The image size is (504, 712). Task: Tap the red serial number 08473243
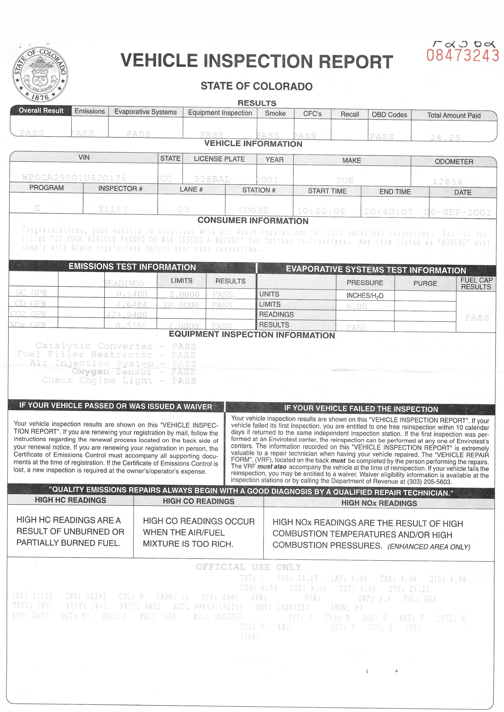pos(462,55)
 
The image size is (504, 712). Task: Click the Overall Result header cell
pos(41,111)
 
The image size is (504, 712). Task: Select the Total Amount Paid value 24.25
pos(445,138)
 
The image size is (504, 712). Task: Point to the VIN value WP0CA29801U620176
pos(75,178)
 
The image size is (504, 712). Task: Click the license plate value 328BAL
pos(212,179)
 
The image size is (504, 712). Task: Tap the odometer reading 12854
pos(447,181)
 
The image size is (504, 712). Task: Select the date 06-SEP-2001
pos(458,212)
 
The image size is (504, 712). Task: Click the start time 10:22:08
pos(321,211)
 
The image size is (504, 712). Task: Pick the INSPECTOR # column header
pos(120,189)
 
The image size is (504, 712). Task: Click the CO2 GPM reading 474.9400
pos(127,315)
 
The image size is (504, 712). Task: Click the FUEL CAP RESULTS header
pos(476,284)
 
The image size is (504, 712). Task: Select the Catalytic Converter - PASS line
pos(116,346)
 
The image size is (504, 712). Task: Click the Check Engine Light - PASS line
pos(119,380)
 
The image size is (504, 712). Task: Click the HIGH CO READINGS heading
pos(199,501)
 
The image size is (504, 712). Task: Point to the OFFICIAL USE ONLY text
pos(248,567)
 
